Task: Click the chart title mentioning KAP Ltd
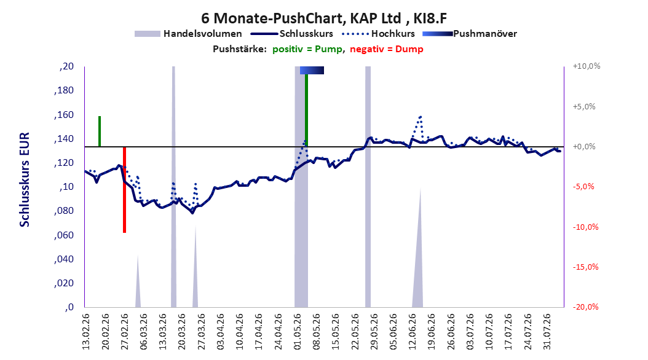(x=324, y=18)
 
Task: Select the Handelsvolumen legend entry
(x=188, y=34)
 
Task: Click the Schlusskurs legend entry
(x=292, y=34)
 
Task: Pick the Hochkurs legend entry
(x=378, y=34)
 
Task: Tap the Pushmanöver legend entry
(x=470, y=34)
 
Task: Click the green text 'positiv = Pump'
(x=307, y=49)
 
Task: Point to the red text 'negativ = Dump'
(x=387, y=49)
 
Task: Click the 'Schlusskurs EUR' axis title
(x=25, y=179)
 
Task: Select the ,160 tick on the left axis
(x=64, y=115)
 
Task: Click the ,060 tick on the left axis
(x=64, y=235)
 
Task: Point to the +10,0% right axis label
(x=587, y=66)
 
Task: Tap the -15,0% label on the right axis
(x=585, y=267)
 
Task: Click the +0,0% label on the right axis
(x=584, y=147)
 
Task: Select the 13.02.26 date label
(x=86, y=332)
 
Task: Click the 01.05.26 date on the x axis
(x=298, y=332)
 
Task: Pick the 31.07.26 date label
(x=547, y=332)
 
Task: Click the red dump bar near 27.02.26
(x=124, y=189)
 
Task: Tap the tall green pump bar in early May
(x=306, y=110)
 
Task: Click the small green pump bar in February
(x=100, y=131)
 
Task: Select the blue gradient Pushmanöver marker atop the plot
(x=312, y=70)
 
